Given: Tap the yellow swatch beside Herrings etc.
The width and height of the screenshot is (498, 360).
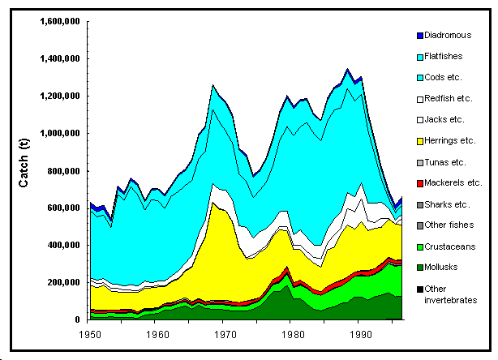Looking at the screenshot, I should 419,140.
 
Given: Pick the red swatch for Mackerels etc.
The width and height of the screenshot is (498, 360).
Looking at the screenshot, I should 419,182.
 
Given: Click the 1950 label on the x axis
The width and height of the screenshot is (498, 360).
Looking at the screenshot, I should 90,333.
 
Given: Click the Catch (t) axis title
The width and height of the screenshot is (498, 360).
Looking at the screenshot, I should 24,170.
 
